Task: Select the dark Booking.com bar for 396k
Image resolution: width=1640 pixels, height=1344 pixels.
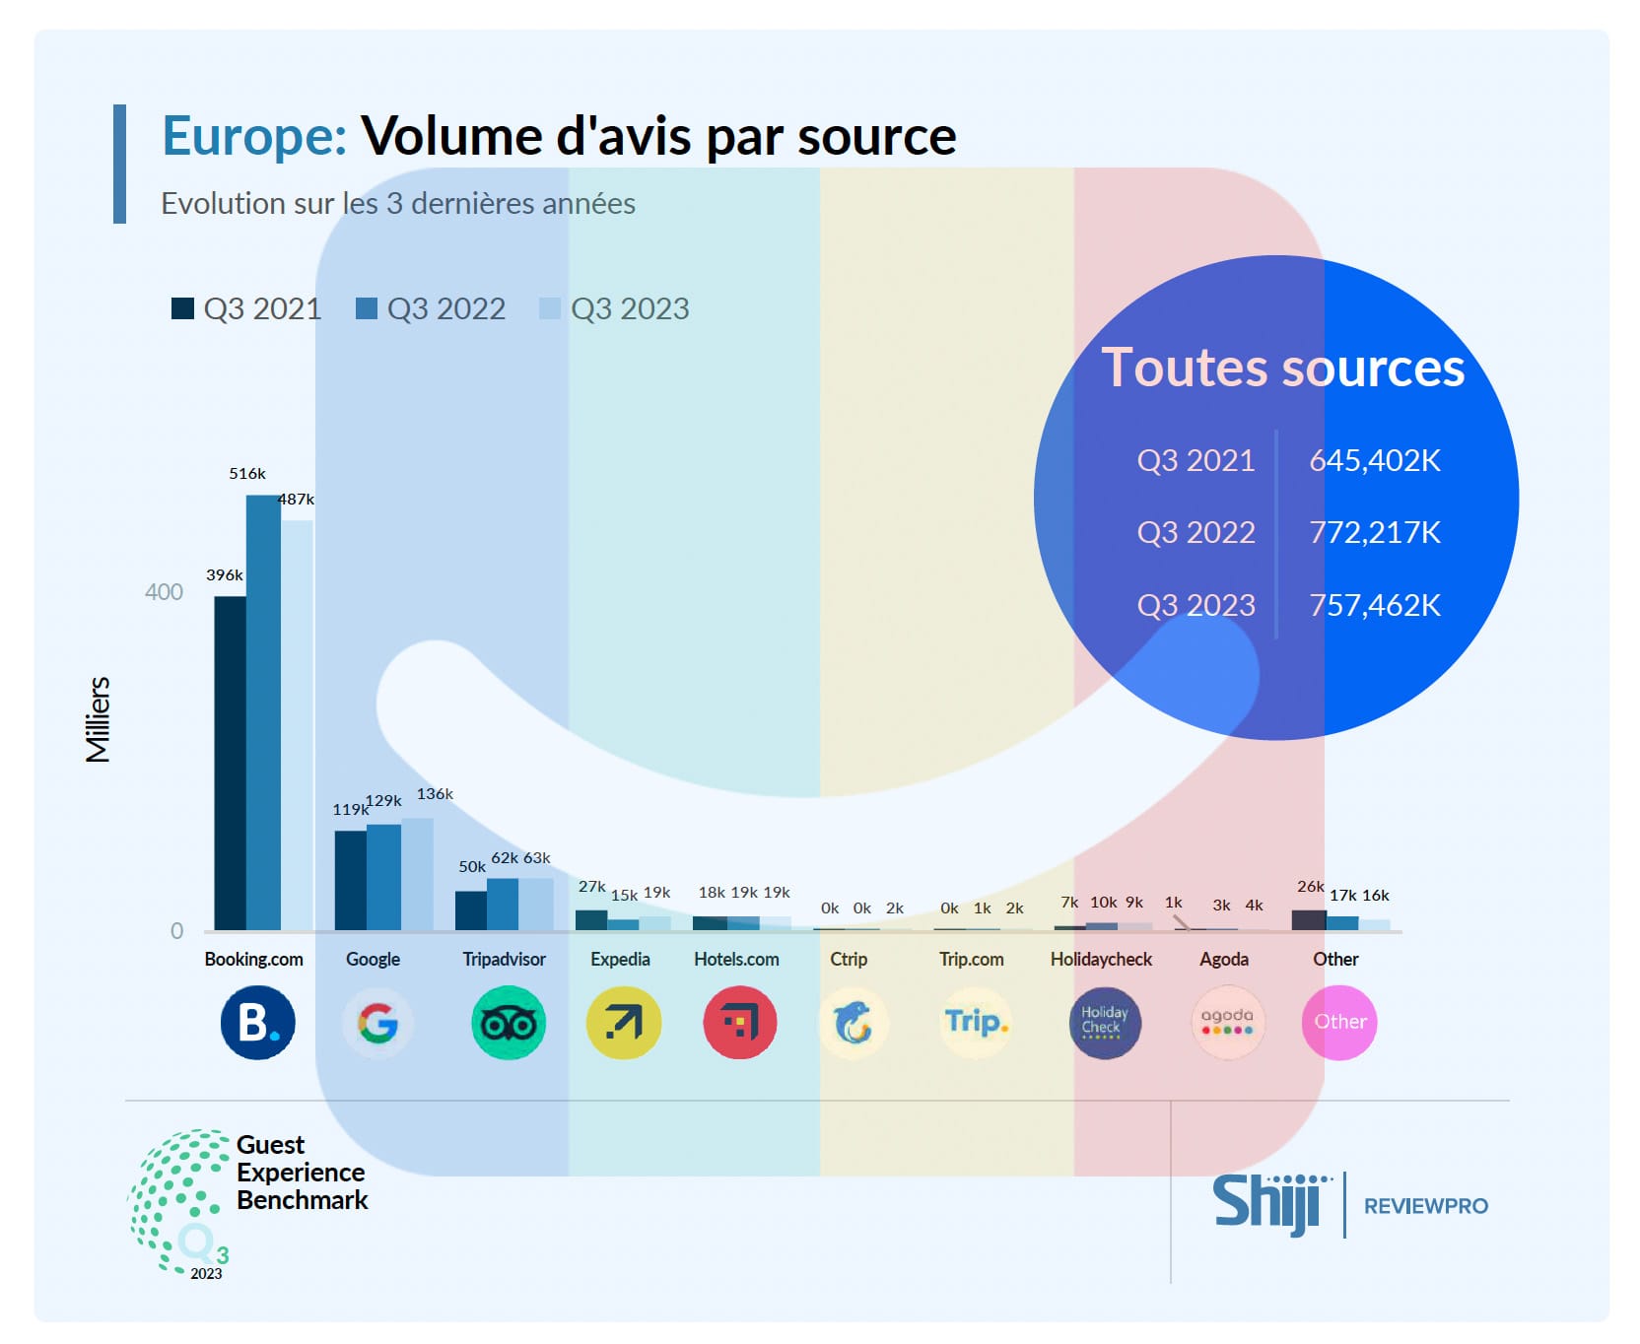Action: pos(230,763)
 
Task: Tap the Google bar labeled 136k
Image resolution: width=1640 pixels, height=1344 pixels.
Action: pos(418,874)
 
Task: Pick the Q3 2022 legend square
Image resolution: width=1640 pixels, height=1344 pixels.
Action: pos(367,308)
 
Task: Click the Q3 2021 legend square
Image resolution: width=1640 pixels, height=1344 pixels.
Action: pos(182,308)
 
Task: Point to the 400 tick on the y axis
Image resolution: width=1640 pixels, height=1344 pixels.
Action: pos(164,592)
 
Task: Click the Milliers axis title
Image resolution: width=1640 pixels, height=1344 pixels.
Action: pos(98,719)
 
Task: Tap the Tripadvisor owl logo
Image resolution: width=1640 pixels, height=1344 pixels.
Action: pos(508,1023)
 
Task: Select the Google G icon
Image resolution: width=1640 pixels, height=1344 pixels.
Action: pos(377,1023)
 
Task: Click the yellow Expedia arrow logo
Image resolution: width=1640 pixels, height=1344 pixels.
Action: pos(623,1023)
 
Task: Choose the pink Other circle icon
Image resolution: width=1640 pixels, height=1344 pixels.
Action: pos(1338,1023)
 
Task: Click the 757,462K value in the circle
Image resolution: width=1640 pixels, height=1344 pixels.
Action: pos(1374,605)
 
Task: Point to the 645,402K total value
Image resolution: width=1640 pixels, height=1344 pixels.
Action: pos(1374,460)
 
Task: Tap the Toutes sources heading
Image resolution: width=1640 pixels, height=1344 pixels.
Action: pos(1282,368)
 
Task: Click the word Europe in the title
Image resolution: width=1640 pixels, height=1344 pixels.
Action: pos(253,136)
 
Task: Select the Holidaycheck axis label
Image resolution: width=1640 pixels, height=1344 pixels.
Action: pos(1101,959)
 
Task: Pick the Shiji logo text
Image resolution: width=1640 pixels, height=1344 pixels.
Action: pos(1266,1203)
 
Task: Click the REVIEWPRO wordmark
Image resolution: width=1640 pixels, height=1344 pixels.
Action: pos(1425,1206)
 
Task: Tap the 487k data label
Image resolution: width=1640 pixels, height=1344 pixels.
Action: pos(296,500)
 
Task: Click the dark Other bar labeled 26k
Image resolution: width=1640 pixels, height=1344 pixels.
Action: pos(1309,920)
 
